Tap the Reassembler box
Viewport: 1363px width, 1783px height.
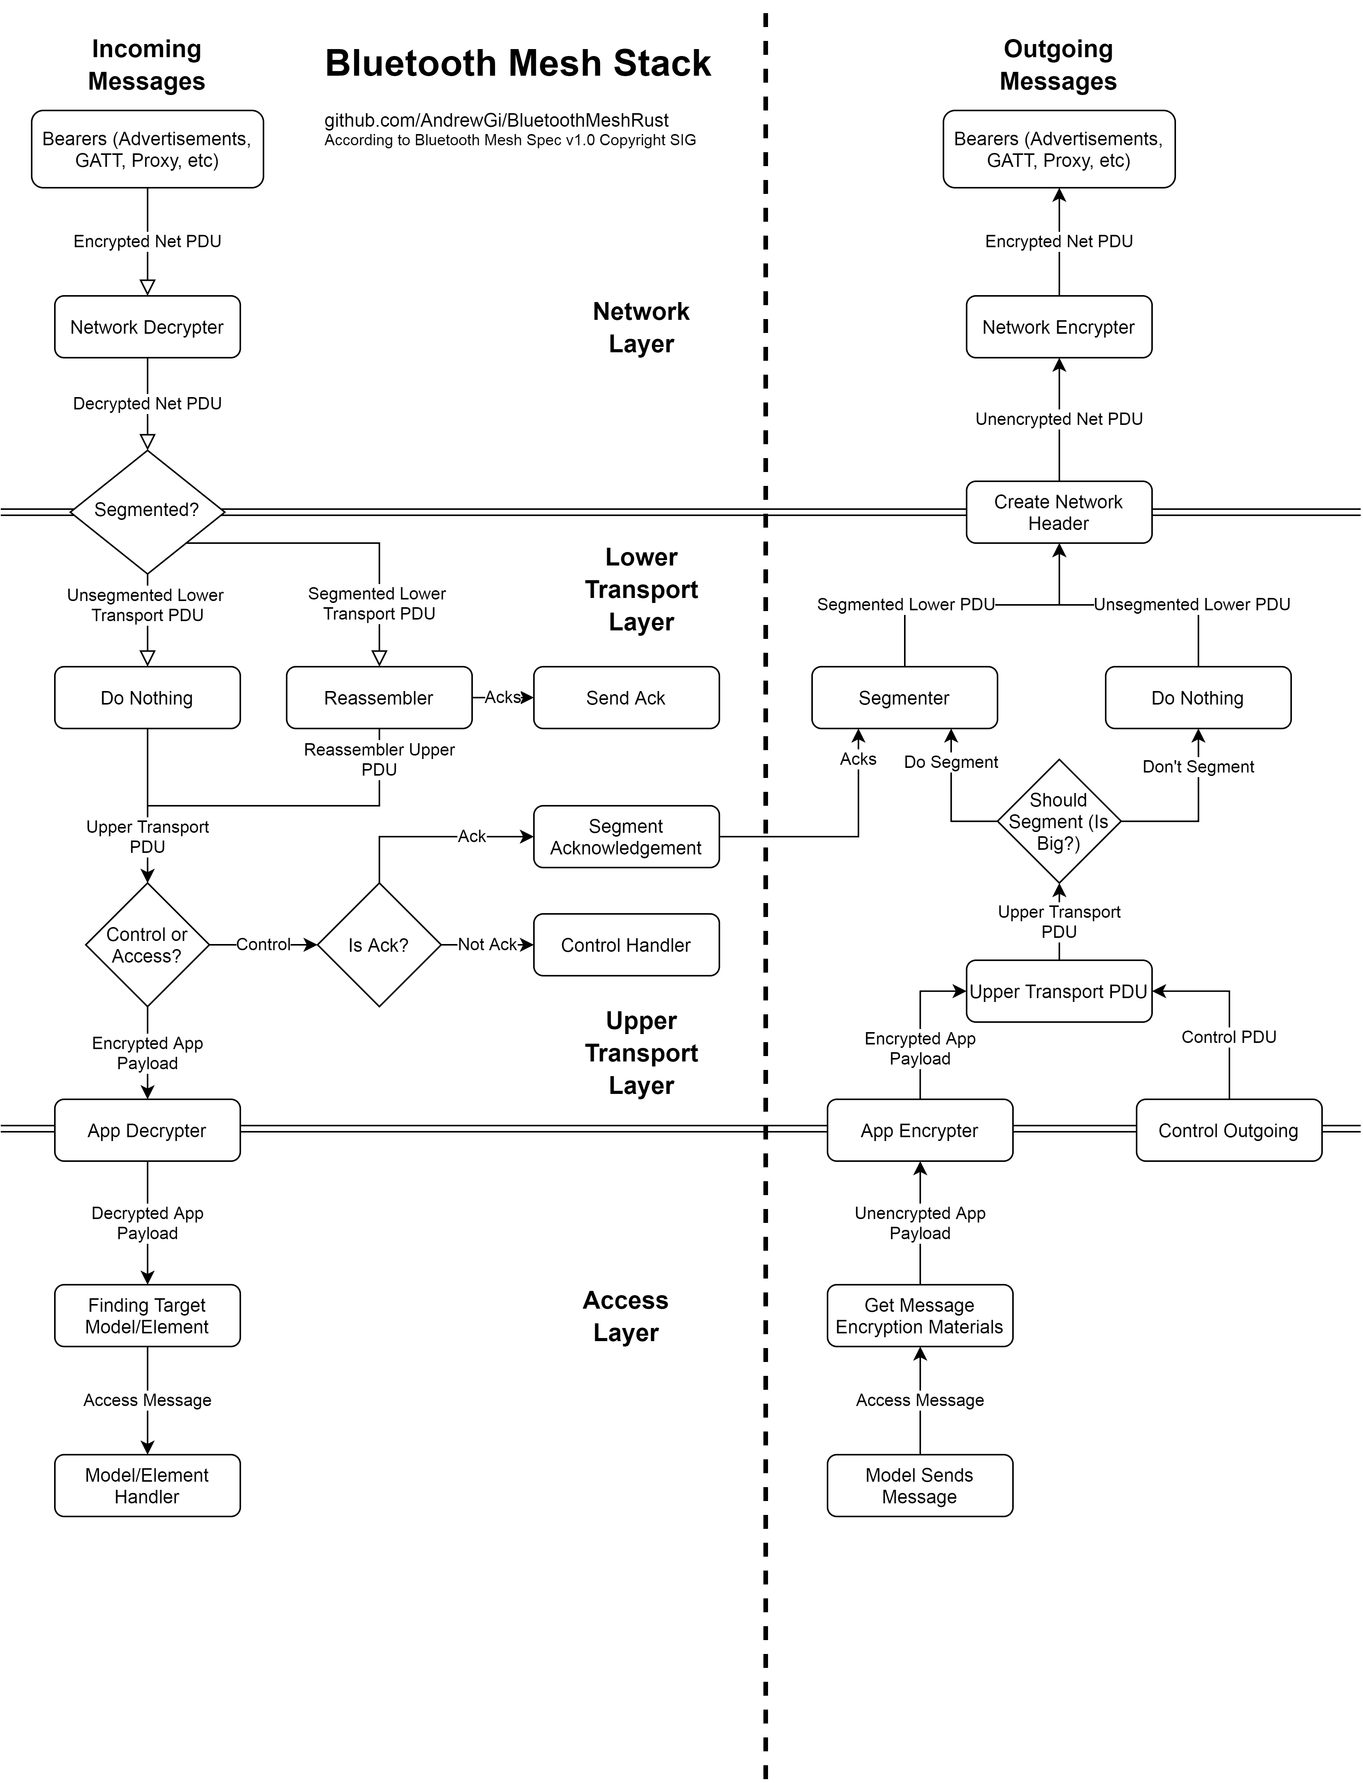point(379,698)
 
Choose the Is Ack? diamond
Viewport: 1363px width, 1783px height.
point(379,945)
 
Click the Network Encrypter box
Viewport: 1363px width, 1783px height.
point(1059,327)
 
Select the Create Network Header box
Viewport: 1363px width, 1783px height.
point(1059,512)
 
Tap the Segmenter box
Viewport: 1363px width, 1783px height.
point(905,698)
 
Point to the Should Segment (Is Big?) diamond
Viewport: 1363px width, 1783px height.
point(1059,821)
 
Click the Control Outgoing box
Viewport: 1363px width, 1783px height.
point(1229,1130)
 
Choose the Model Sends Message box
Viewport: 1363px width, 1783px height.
point(920,1485)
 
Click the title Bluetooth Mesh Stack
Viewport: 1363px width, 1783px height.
point(518,63)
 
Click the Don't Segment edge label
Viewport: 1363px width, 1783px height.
point(1198,767)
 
